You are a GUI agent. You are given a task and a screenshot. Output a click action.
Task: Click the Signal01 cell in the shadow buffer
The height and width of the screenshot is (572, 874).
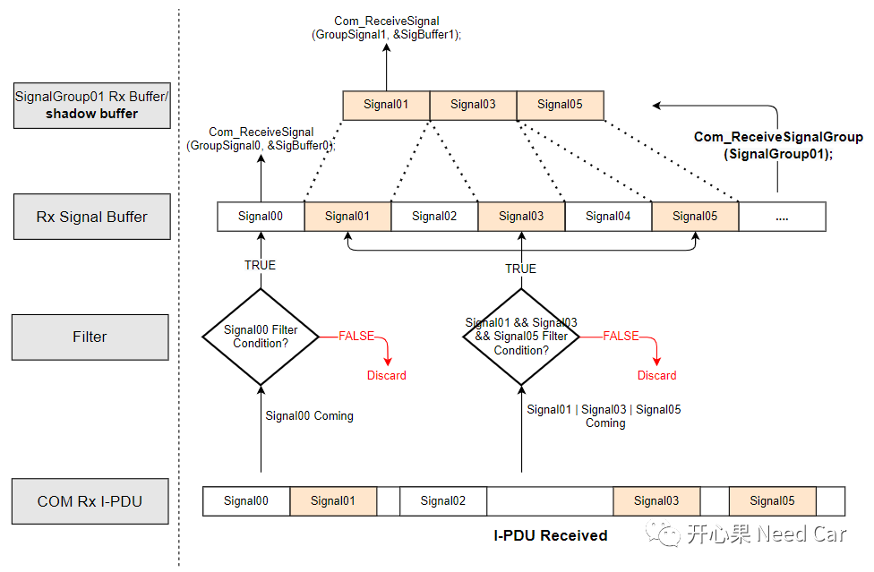point(386,105)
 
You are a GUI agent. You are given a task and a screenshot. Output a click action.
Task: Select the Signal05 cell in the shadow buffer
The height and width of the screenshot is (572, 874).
point(560,105)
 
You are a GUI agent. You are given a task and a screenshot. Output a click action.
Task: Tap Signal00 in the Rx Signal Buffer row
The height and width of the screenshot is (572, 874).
point(261,217)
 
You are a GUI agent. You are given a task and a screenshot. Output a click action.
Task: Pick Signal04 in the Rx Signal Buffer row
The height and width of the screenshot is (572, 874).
point(608,217)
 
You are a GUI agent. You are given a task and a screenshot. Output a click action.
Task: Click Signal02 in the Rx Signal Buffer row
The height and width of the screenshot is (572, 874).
point(434,217)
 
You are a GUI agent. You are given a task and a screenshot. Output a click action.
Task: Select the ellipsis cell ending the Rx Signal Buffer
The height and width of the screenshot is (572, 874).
point(782,217)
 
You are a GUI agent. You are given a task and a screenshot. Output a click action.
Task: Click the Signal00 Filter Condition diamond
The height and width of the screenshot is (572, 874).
point(261,337)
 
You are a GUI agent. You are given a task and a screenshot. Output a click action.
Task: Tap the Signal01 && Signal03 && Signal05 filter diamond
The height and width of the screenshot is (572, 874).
point(520,337)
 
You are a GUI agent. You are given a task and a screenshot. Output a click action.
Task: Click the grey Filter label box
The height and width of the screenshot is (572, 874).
point(90,337)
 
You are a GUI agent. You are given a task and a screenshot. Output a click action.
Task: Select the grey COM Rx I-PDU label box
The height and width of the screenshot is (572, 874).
point(90,501)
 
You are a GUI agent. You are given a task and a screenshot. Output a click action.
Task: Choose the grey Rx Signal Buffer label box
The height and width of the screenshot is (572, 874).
point(91,217)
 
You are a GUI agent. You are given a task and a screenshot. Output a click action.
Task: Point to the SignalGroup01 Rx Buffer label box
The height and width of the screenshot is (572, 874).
point(91,105)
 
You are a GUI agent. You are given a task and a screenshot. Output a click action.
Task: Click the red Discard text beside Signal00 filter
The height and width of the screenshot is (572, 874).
point(386,375)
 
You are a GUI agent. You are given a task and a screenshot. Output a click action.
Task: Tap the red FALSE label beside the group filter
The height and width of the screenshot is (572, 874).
point(621,336)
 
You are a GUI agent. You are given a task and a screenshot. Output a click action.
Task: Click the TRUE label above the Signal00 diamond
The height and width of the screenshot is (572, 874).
point(261,265)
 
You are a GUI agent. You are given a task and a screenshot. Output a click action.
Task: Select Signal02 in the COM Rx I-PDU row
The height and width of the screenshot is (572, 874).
point(442,501)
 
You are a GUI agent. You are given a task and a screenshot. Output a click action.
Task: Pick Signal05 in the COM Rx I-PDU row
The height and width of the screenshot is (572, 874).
point(772,501)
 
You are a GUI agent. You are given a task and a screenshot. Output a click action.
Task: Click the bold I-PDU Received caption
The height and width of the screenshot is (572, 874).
point(551,535)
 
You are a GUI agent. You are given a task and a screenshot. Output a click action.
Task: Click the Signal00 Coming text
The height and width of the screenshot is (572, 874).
point(309,415)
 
